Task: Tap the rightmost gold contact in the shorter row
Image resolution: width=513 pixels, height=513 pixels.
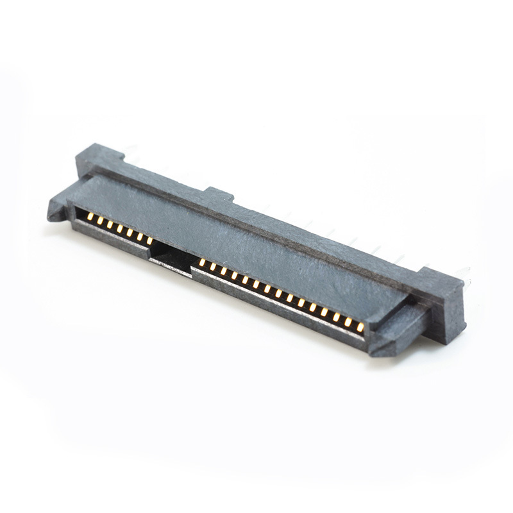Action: click(149, 241)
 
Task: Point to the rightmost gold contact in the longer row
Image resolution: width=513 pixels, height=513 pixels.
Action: click(360, 327)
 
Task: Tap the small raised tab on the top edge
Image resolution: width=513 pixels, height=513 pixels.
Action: click(219, 194)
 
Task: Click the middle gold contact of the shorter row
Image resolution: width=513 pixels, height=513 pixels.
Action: click(120, 229)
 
